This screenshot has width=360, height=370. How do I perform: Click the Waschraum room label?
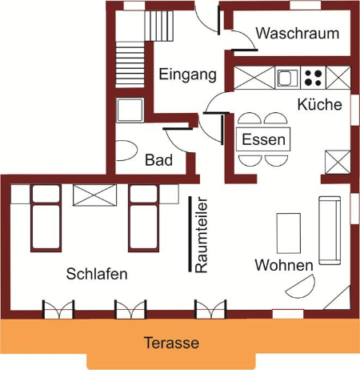click(298, 33)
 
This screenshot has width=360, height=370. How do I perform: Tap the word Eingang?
click(187, 74)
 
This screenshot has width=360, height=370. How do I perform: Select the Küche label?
click(319, 104)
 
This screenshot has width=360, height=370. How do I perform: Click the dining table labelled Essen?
click(263, 139)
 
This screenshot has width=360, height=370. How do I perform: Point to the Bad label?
click(158, 160)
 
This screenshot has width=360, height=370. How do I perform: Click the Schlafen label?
click(97, 274)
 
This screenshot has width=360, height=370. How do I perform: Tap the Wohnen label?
click(284, 265)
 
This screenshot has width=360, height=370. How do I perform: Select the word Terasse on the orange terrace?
click(171, 343)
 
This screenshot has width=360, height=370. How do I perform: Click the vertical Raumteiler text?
click(201, 235)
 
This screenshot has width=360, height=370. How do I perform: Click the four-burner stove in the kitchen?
click(313, 78)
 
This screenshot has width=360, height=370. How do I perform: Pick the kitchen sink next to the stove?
click(287, 78)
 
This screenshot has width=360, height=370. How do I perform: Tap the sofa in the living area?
click(330, 231)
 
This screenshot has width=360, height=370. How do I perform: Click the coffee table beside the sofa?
click(289, 233)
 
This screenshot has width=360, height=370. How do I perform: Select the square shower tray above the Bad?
click(130, 110)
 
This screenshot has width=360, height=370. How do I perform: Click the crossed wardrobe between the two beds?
click(94, 195)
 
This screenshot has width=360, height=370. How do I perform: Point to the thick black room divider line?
click(190, 234)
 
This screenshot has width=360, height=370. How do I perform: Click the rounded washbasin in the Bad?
click(127, 151)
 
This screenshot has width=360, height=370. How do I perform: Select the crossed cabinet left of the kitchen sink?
click(254, 78)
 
